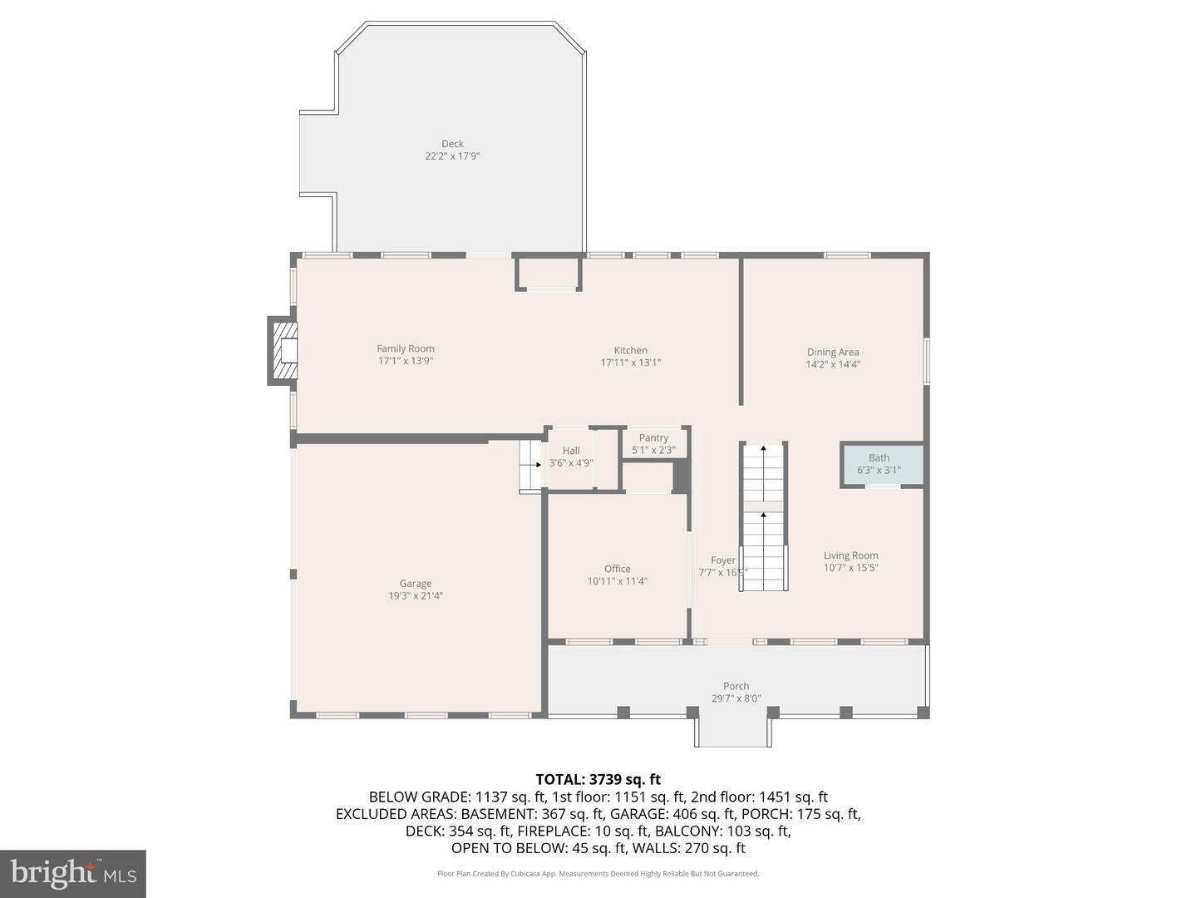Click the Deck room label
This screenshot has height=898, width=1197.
pyautogui.click(x=452, y=144)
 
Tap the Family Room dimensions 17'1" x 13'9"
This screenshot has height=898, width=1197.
pyautogui.click(x=406, y=361)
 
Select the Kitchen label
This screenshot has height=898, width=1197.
pyautogui.click(x=630, y=350)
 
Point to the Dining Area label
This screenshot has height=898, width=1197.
pyautogui.click(x=833, y=352)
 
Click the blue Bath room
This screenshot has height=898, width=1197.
pyautogui.click(x=882, y=465)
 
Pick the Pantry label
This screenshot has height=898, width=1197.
pyautogui.click(x=653, y=437)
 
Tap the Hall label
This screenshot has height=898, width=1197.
pyautogui.click(x=571, y=451)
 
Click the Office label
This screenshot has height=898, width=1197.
pyautogui.click(x=617, y=569)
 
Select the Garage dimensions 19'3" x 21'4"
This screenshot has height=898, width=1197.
pyautogui.click(x=416, y=595)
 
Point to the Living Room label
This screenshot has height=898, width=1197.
pyautogui.click(x=850, y=555)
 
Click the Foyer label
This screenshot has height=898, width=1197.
pyautogui.click(x=722, y=560)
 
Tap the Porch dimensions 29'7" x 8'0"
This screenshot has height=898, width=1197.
pyautogui.click(x=736, y=698)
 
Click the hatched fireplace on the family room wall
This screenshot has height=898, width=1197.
pyautogui.click(x=284, y=351)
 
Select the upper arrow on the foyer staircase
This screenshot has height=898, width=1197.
pyautogui.click(x=763, y=450)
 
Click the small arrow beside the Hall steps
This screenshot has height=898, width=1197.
pyautogui.click(x=537, y=465)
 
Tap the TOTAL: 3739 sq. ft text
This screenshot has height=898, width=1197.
pyautogui.click(x=598, y=779)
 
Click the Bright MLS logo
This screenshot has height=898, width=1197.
pyautogui.click(x=73, y=873)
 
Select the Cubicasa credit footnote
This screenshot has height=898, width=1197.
pyautogui.click(x=598, y=874)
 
